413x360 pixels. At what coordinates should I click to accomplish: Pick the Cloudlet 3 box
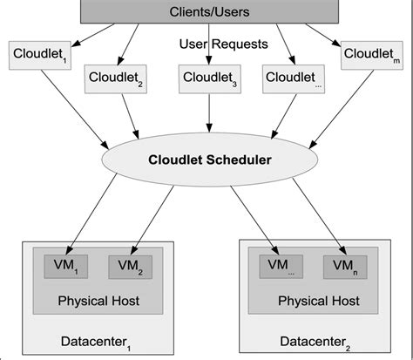click(x=206, y=79)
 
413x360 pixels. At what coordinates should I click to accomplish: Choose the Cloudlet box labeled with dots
click(x=293, y=79)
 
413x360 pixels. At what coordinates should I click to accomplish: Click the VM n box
click(x=345, y=266)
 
